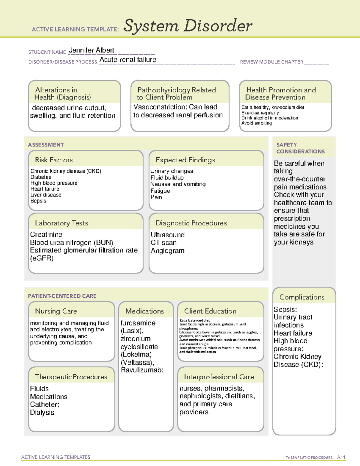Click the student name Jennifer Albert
[x=91, y=50]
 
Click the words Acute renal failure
[x=128, y=60]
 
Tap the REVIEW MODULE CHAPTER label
[x=271, y=62]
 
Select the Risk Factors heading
[x=54, y=160]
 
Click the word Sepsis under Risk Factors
[x=38, y=201]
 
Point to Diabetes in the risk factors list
[x=40, y=177]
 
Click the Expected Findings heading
[x=185, y=160]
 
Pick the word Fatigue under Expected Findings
[x=160, y=191]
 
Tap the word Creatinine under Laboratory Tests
[x=46, y=234]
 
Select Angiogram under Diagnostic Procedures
[x=167, y=251]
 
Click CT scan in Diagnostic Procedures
[x=163, y=242]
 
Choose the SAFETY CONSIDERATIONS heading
[x=300, y=148]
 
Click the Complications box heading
[x=301, y=297]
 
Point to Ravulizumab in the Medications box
[x=141, y=370]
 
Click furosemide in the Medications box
[x=138, y=323]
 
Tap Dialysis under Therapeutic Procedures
[x=42, y=412]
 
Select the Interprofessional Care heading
[x=219, y=377]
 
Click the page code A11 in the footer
[x=341, y=457]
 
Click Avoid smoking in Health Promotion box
[x=256, y=123]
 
